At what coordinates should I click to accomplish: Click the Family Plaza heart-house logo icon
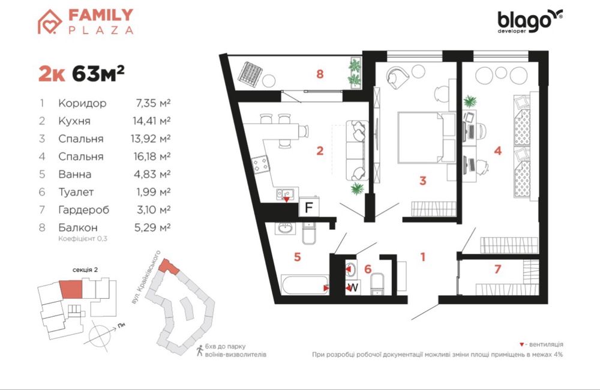(50, 22)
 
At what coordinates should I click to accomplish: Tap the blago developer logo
(530, 22)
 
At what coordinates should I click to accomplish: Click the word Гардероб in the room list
(84, 210)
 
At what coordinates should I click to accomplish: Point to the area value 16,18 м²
(151, 157)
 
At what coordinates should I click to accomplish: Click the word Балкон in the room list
(77, 228)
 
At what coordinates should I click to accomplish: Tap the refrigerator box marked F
(309, 208)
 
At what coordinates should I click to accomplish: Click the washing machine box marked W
(353, 287)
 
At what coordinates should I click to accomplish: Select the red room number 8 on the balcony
(320, 73)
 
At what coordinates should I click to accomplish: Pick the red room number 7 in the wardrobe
(497, 269)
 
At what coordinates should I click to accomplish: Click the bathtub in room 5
(305, 284)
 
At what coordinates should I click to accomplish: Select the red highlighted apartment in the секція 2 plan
(71, 290)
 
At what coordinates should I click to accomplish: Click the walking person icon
(199, 350)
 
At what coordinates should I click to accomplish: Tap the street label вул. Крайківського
(145, 277)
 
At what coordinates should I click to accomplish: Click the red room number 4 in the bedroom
(497, 151)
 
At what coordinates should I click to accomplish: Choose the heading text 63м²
(98, 73)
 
